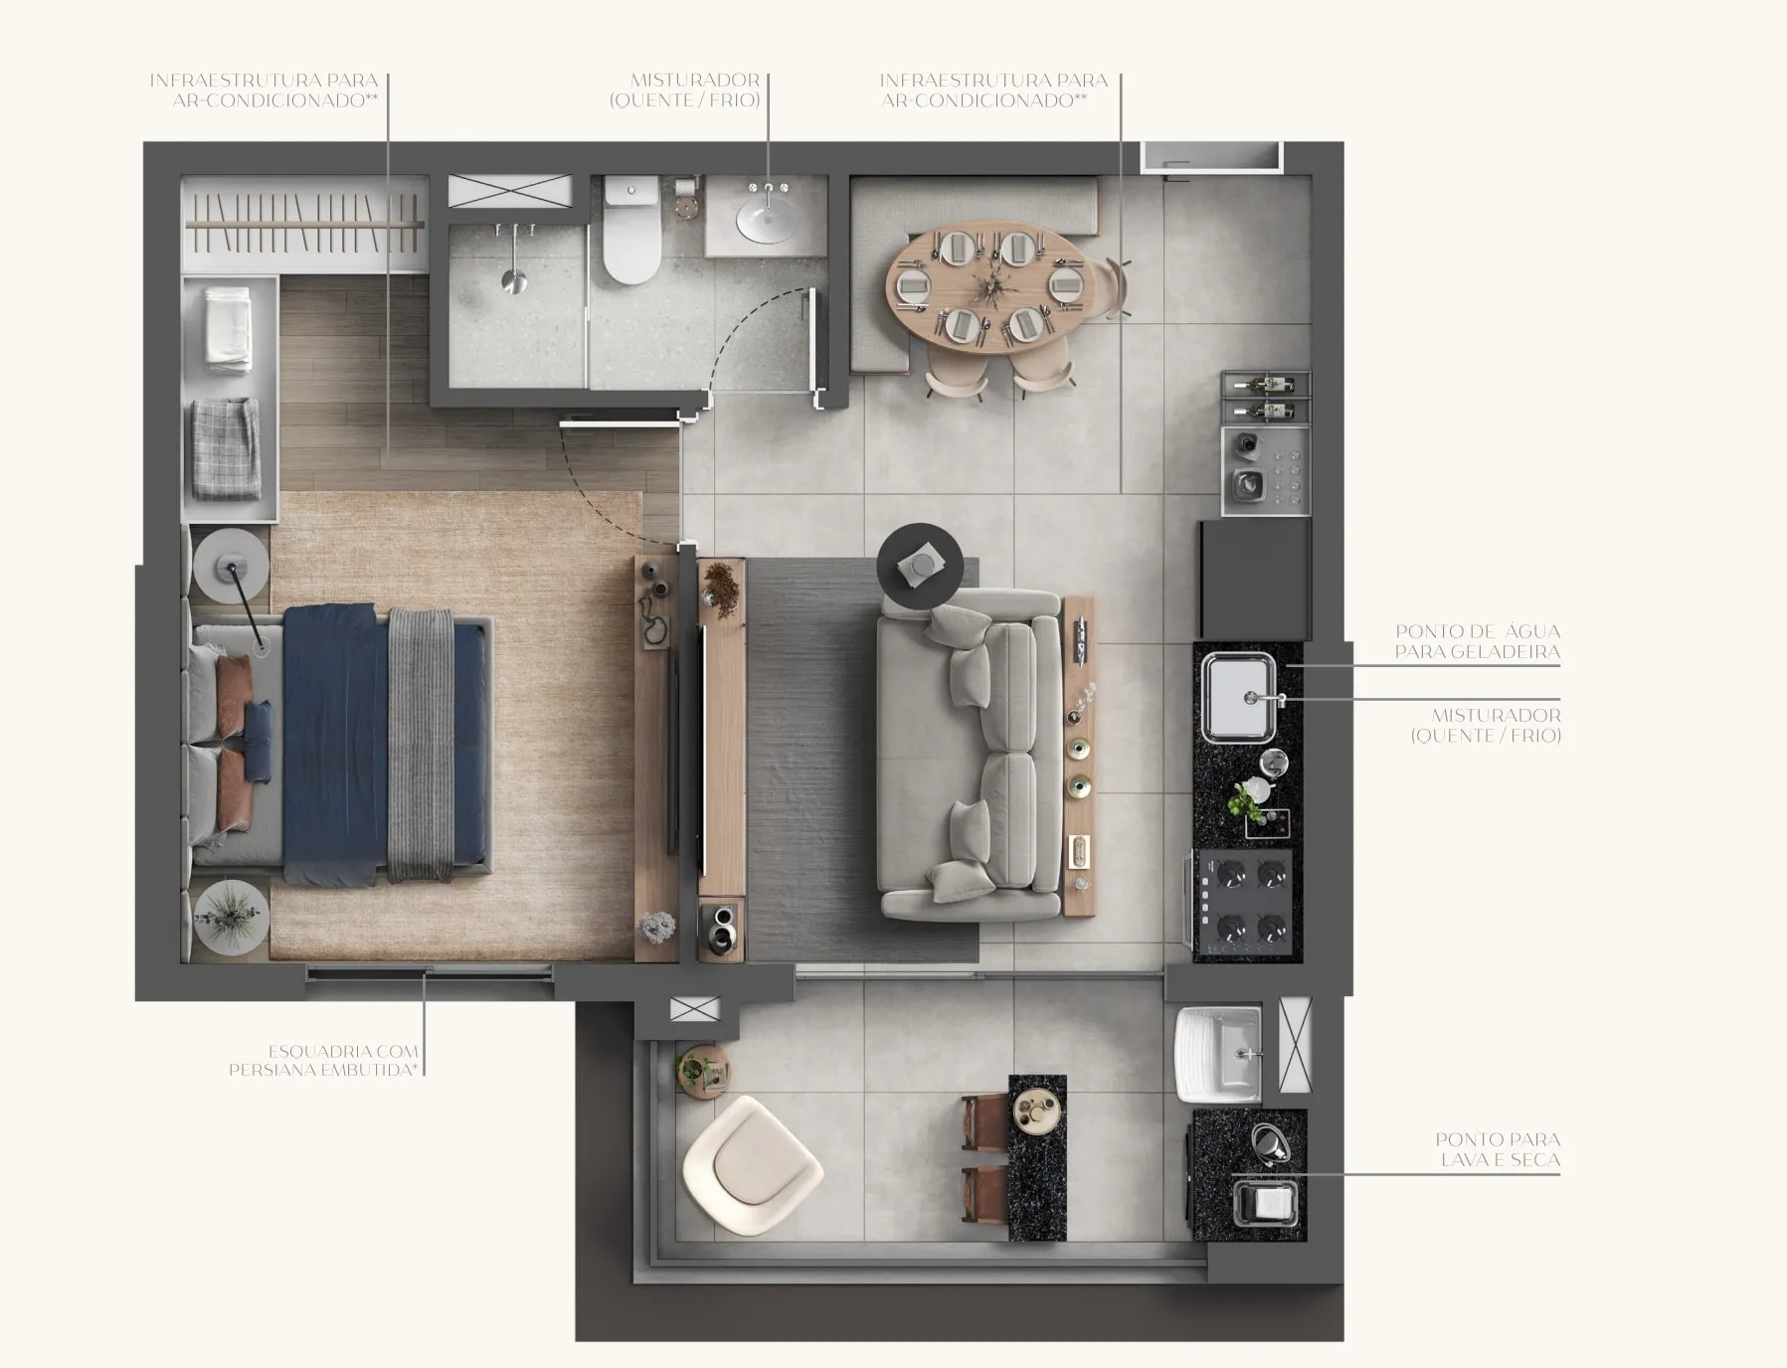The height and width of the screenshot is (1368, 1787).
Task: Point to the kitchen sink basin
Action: [x=1239, y=697]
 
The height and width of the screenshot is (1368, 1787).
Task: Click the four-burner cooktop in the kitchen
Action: [x=1248, y=902]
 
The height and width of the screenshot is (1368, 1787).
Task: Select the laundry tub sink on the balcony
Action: [x=1220, y=1054]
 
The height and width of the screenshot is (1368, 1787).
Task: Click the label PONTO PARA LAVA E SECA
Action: [x=1498, y=1149]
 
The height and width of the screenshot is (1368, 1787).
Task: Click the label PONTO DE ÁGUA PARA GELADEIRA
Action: [x=1477, y=641]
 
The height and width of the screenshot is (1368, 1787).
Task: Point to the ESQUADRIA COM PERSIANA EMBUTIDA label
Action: [x=325, y=1061]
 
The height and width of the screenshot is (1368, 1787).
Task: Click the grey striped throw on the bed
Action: [x=420, y=745]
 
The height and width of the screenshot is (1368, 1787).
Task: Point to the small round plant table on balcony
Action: [x=703, y=1072]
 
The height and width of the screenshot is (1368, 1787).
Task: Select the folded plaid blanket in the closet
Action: [x=226, y=448]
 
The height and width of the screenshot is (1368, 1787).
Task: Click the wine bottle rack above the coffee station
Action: [x=1265, y=396]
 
